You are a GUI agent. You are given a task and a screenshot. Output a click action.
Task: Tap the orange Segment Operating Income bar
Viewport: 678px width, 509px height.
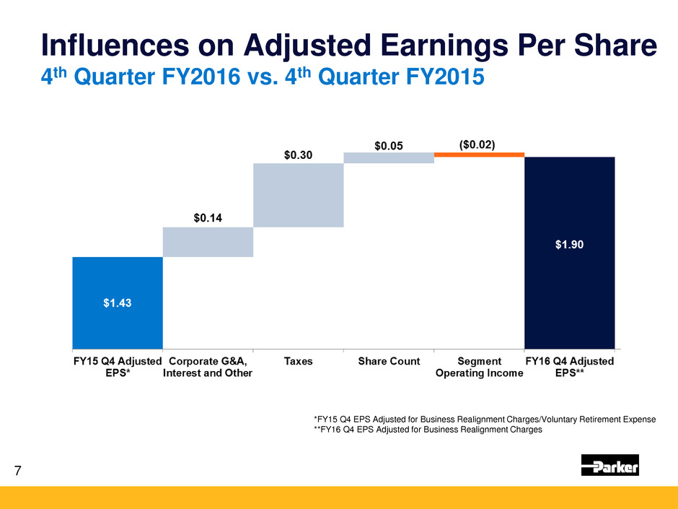(479, 155)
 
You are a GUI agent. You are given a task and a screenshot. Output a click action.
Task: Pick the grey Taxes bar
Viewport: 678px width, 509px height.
(298, 195)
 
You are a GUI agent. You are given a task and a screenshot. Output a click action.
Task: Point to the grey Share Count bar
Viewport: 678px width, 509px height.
(389, 158)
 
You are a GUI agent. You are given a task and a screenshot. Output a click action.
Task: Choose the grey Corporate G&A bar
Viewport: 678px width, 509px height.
(208, 242)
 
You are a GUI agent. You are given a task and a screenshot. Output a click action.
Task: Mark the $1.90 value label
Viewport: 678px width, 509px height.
(569, 244)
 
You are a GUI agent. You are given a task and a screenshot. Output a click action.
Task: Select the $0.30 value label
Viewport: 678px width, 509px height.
(298, 155)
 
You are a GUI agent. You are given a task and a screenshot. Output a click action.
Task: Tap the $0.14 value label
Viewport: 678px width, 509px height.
(208, 217)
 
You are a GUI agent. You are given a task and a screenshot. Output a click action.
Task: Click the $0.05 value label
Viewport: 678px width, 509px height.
(389, 145)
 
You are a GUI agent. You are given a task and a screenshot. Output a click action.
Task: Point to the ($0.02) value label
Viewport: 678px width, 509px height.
(477, 144)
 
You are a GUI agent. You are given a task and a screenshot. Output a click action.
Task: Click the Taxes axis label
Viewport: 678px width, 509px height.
(298, 362)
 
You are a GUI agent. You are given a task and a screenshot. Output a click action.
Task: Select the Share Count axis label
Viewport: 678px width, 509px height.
(389, 362)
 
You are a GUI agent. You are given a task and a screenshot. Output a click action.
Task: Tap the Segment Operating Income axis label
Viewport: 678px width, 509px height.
(479, 367)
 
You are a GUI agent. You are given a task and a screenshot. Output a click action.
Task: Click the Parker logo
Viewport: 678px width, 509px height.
(609, 466)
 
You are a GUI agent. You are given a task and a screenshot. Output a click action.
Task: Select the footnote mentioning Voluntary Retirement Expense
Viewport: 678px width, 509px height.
(485, 419)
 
